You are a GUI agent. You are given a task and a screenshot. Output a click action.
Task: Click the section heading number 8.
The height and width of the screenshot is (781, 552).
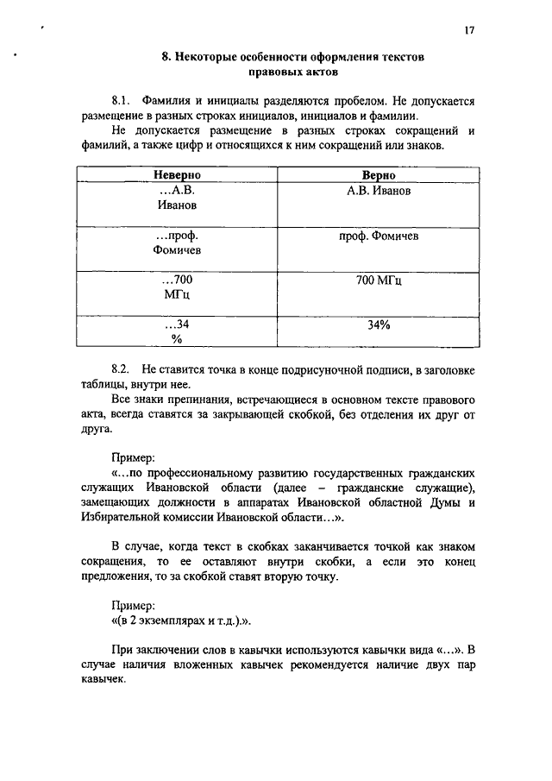[x=166, y=59]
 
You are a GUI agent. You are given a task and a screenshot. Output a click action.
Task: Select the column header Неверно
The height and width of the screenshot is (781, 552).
[x=177, y=174]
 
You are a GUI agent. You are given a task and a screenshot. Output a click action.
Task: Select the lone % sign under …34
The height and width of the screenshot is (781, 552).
[x=177, y=340]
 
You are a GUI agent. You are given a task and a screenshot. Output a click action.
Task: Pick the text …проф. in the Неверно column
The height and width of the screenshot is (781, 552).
[x=176, y=236]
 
